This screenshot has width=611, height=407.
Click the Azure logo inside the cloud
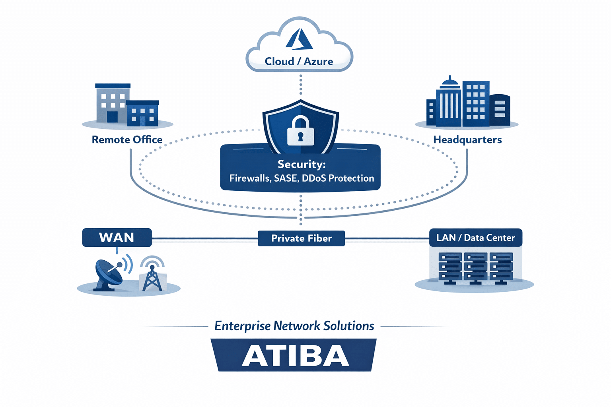click(299, 39)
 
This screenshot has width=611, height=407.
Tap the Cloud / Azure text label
click(299, 62)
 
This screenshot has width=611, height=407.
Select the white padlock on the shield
click(300, 132)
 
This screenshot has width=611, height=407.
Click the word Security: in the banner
click(302, 164)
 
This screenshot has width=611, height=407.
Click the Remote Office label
click(127, 140)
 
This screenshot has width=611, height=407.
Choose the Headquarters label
click(467, 140)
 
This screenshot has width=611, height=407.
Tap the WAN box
click(117, 238)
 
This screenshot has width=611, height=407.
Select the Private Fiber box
click(301, 238)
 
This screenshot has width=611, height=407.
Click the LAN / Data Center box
click(475, 238)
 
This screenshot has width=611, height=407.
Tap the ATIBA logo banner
click(294, 355)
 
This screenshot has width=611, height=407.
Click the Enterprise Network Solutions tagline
click(294, 326)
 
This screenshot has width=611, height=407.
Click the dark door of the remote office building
click(112, 117)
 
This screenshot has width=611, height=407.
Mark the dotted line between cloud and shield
click(301, 86)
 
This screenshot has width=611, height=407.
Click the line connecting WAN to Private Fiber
click(204, 239)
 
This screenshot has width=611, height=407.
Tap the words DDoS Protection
click(338, 178)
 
